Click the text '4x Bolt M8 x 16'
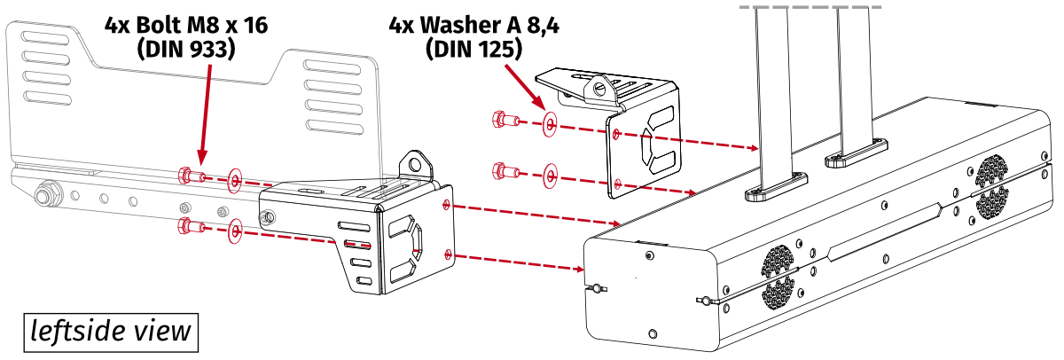pyautogui.click(x=185, y=26)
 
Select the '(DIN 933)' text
pyautogui.click(x=185, y=50)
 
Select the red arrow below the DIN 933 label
pyautogui.click(x=205, y=115)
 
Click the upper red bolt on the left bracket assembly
pyautogui.click(x=190, y=175)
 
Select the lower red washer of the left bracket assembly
pyautogui.click(x=235, y=232)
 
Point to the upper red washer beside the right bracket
pyautogui.click(x=550, y=125)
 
